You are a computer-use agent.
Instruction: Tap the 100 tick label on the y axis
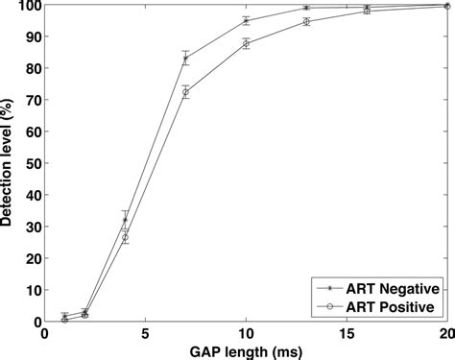click(x=27, y=6)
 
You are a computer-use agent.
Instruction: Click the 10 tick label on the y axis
click(x=31, y=291)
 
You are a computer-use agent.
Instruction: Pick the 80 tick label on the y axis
click(x=31, y=69)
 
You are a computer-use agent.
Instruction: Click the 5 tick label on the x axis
click(x=145, y=334)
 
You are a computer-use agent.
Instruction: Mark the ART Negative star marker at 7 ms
click(x=185, y=59)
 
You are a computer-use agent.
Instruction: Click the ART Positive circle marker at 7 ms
click(x=185, y=92)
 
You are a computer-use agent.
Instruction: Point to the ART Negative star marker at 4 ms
click(x=125, y=220)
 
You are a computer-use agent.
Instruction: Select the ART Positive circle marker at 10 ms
click(x=246, y=44)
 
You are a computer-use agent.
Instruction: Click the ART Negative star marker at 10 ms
click(x=246, y=21)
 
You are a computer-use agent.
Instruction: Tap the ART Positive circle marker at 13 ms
click(x=306, y=21)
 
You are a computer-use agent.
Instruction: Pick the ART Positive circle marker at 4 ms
click(x=125, y=237)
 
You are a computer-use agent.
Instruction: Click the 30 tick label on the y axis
click(x=31, y=228)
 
